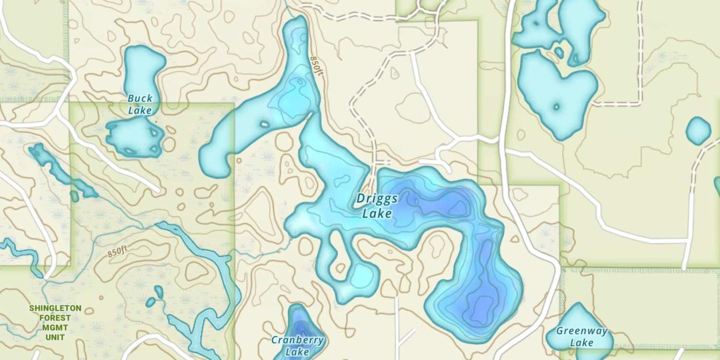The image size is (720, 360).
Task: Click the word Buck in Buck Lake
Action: point(140,99)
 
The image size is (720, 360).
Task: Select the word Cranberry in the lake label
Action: point(298,340)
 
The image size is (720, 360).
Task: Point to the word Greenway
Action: point(582,331)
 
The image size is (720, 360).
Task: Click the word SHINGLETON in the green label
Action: point(55,308)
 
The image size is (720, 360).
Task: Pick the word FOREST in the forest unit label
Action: point(55,318)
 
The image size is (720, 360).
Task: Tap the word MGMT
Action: point(55,327)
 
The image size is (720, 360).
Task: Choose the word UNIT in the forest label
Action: point(55,337)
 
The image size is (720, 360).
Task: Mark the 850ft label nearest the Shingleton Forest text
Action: point(118,251)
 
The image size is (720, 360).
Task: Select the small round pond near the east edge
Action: point(698,131)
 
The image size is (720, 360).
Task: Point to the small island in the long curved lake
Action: point(264,124)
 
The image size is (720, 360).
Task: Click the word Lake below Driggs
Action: point(377,214)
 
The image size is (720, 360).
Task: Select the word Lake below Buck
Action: point(140,111)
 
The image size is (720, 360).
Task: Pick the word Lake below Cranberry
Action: point(297,352)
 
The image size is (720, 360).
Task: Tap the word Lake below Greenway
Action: point(582,343)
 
